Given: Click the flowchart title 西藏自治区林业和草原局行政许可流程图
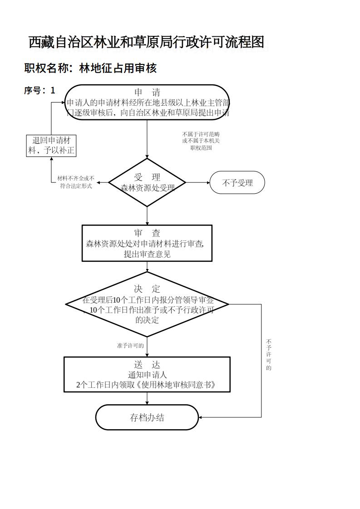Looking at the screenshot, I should pyautogui.click(x=146, y=43).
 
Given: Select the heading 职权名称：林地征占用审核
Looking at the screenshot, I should pyautogui.click(x=90, y=69).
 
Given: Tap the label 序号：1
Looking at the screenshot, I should pyautogui.click(x=39, y=90).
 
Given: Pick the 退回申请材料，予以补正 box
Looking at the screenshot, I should pyautogui.click(x=51, y=146).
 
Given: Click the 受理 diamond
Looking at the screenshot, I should pyautogui.click(x=147, y=182).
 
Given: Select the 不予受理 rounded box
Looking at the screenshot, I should pyautogui.click(x=237, y=183).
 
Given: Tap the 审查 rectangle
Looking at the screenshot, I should pyautogui.click(x=147, y=243).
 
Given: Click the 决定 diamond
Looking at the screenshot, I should pyautogui.click(x=147, y=304).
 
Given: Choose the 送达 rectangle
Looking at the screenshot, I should pyautogui.click(x=147, y=374).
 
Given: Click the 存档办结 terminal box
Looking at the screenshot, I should pyautogui.click(x=147, y=417).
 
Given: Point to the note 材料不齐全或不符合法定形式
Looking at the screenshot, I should pyautogui.click(x=76, y=182).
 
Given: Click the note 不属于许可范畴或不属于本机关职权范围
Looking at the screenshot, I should pyautogui.click(x=201, y=141).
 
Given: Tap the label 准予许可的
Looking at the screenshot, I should pyautogui.click(x=130, y=346).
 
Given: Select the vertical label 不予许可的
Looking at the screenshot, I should pyautogui.click(x=269, y=354).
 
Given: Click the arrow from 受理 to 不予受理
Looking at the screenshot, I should pyautogui.click(x=198, y=183).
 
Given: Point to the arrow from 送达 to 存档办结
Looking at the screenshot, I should pyautogui.click(x=147, y=398).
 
